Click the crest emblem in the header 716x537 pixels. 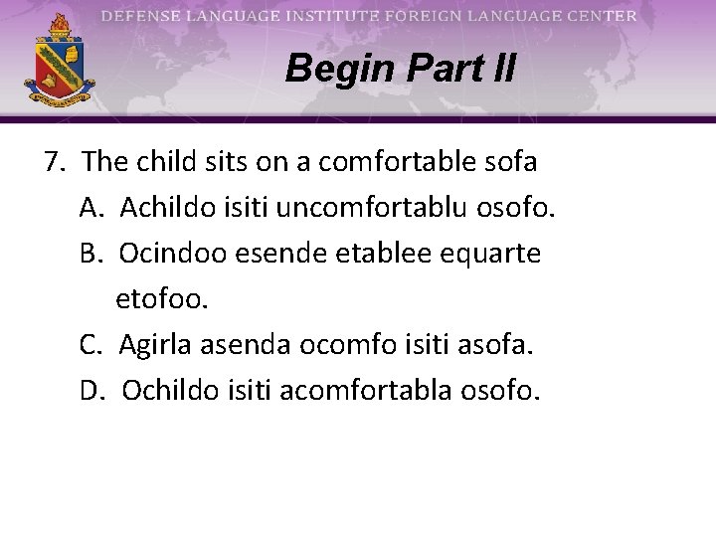pyautogui.click(x=60, y=62)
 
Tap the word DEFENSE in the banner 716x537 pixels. pyautogui.click(x=140, y=16)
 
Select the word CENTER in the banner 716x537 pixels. pyautogui.click(x=599, y=16)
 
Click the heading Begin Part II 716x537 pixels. pyautogui.click(x=400, y=69)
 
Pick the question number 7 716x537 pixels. pyautogui.click(x=55, y=161)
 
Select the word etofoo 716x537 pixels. pyautogui.click(x=162, y=299)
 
